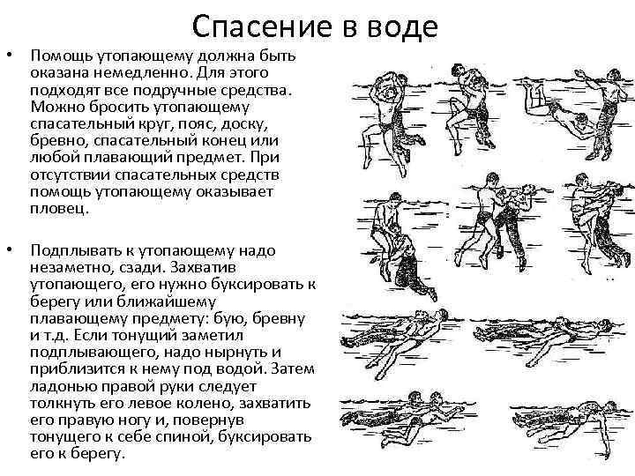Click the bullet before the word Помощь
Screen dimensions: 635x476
tap(10, 55)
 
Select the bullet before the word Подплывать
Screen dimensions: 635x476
tap(10, 249)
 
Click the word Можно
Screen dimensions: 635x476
tap(57, 107)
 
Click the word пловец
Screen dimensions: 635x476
tap(59, 209)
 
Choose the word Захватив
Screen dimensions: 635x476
tap(204, 267)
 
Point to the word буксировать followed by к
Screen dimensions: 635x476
tap(258, 284)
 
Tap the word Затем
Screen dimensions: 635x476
tap(293, 368)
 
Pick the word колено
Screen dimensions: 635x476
tap(206, 404)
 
